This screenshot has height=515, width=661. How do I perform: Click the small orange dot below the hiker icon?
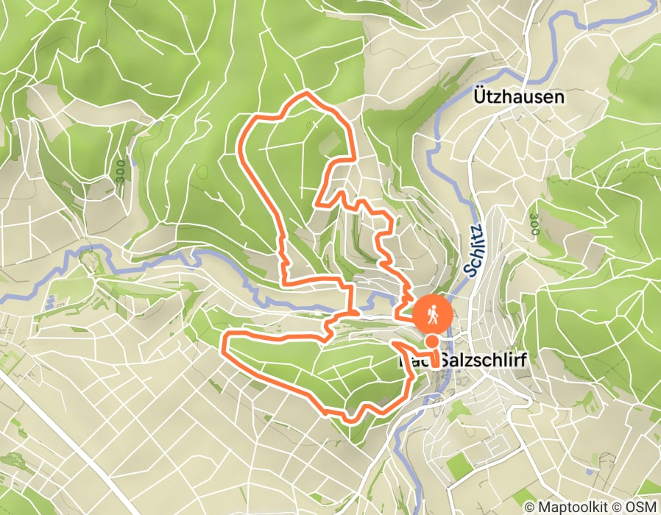tap(431, 342)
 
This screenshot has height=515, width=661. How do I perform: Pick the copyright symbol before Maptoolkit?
tap(530, 507)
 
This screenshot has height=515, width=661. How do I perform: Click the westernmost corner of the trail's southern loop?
tap(225, 341)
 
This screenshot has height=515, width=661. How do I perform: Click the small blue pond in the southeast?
tap(590, 470)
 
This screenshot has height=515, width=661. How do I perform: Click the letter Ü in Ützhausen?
tap(477, 96)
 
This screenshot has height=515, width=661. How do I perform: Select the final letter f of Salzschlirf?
tap(526, 360)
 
